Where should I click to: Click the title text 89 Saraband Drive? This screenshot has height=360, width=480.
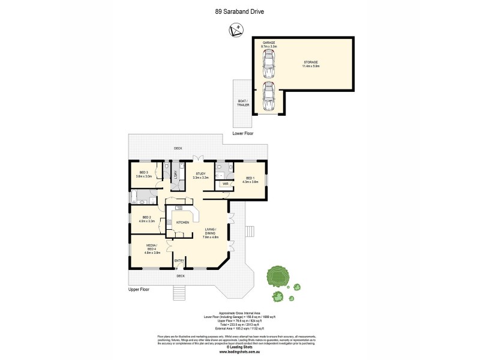click(x=239, y=10)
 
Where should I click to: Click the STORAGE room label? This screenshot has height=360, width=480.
click(x=310, y=64)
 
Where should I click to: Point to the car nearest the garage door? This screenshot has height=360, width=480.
click(x=269, y=96)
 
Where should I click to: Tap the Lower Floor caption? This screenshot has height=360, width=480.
click(x=242, y=133)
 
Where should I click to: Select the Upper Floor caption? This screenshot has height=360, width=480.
click(x=139, y=289)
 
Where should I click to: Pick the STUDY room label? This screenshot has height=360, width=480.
click(x=200, y=175)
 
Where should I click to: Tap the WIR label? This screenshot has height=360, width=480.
click(x=224, y=184)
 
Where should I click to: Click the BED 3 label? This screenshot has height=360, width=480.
click(x=143, y=175)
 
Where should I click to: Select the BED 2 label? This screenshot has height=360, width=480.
click(x=146, y=219)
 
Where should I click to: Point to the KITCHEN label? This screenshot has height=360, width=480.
click(x=182, y=223)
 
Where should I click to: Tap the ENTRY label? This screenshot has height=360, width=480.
click(x=179, y=260)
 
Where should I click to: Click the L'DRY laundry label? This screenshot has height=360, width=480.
click(x=175, y=174)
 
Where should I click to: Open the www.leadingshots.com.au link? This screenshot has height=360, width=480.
click(x=239, y=351)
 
